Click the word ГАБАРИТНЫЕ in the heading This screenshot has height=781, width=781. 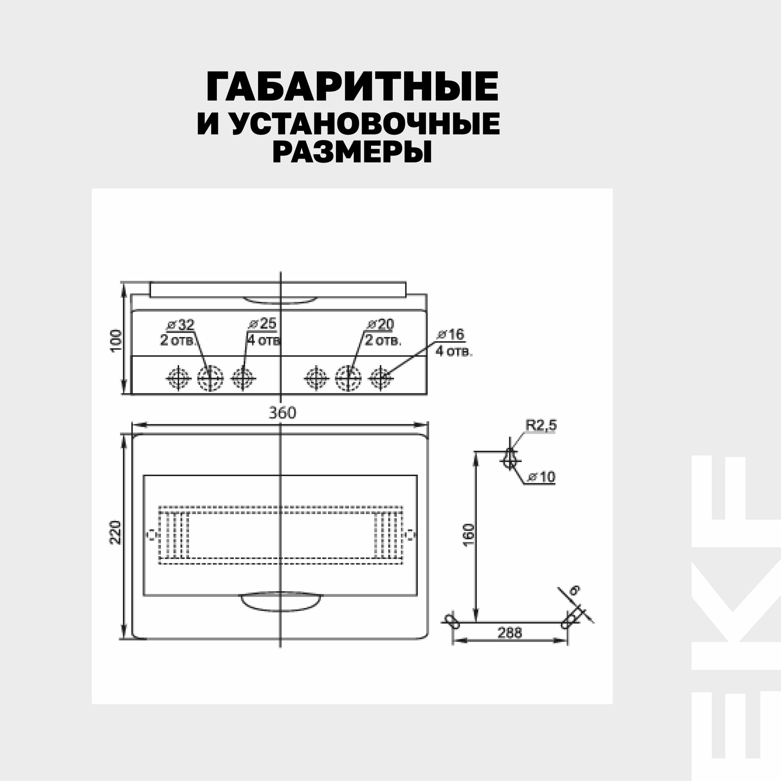click(x=352, y=87)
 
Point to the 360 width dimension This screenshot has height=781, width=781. click(x=282, y=413)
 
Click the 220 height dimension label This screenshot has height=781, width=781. click(x=116, y=532)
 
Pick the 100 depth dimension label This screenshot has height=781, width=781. click(x=116, y=341)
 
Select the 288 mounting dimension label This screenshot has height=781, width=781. click(x=509, y=633)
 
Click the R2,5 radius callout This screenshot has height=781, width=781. click(x=541, y=425)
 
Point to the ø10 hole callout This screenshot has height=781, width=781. click(x=542, y=477)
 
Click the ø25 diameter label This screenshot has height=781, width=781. click(x=262, y=324)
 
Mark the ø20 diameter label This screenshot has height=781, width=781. click(x=380, y=324)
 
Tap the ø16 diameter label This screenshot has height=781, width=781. click(x=451, y=335)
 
